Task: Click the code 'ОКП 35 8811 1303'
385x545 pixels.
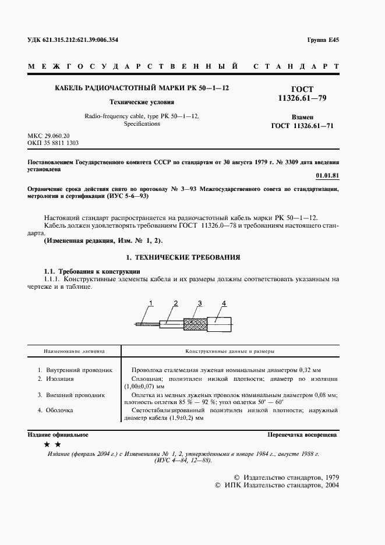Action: click(x=53, y=142)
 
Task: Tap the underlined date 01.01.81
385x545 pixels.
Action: click(x=327, y=175)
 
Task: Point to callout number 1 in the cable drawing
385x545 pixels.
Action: click(x=150, y=303)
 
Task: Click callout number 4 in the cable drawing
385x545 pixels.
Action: click(x=223, y=303)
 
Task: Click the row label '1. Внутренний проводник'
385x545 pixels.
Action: click(x=75, y=370)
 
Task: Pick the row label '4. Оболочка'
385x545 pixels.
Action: click(x=56, y=410)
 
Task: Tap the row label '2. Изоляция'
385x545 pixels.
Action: click(x=56, y=378)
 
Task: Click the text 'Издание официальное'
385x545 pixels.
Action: click(x=58, y=435)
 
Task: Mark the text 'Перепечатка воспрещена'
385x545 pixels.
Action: click(x=302, y=435)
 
